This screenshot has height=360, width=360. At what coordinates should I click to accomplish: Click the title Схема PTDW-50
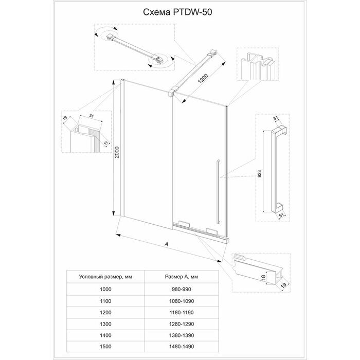coord(177,12)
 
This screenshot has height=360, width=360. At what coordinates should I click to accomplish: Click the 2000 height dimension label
coord(117,152)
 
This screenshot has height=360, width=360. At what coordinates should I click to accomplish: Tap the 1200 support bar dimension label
coord(203,79)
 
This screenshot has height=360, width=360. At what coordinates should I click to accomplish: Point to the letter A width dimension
coord(167,244)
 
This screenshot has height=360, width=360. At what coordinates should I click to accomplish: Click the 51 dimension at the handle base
coord(281,215)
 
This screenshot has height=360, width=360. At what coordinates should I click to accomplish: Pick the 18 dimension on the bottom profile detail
coord(263,277)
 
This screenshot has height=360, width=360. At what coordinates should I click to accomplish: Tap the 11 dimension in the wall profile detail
coord(106,143)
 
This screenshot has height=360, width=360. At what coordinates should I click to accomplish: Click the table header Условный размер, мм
coord(105,277)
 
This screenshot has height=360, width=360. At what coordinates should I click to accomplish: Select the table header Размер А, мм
coord(182,277)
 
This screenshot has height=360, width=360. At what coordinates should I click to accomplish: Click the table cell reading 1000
coord(105,289)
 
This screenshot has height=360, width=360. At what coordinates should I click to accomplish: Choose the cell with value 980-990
coord(182,289)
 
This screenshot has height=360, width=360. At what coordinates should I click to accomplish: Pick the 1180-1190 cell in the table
coord(182,313)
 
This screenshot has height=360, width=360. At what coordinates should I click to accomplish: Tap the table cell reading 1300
coord(105,324)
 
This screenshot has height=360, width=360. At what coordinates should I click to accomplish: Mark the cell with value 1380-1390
coord(182,335)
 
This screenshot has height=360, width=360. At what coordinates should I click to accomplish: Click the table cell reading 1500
coord(105,347)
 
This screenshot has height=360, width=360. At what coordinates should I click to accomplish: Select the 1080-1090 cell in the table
coord(182,301)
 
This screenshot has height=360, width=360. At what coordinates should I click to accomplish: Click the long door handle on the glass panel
coord(218,191)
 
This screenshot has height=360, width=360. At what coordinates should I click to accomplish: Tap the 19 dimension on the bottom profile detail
coord(284,285)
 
